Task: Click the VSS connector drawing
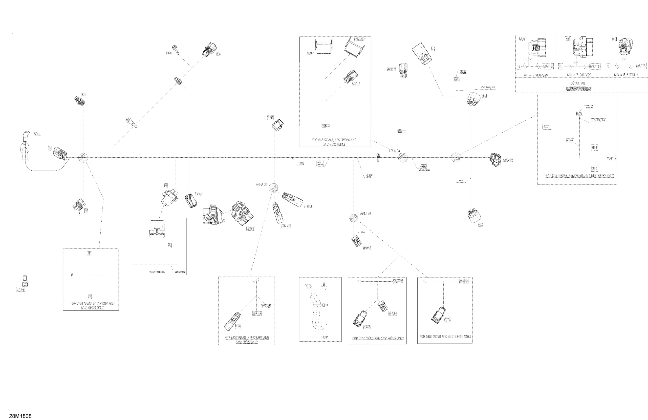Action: (209, 49)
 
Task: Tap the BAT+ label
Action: (21, 290)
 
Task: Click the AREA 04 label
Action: (394, 151)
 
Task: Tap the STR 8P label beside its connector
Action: (308, 206)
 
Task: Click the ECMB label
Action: (250, 228)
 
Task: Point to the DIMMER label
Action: (359, 40)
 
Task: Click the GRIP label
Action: (310, 53)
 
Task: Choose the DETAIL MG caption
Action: (578, 83)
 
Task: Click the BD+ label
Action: (37, 134)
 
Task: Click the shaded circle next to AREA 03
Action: (353, 218)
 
